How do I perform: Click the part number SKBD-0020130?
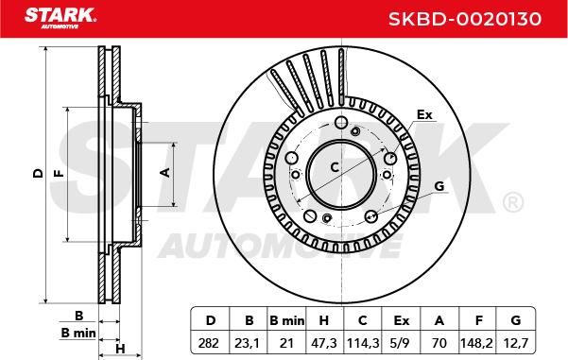pos(465,19)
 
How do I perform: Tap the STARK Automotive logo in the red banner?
pos(60,18)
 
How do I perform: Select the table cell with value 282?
pos(209,343)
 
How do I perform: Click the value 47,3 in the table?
pos(324,343)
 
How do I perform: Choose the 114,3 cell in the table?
pos(363,343)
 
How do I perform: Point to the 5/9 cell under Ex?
pos(401,343)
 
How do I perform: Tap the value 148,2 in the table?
pos(477,343)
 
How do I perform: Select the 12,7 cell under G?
pos(516,343)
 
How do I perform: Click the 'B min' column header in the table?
pos(287,320)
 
